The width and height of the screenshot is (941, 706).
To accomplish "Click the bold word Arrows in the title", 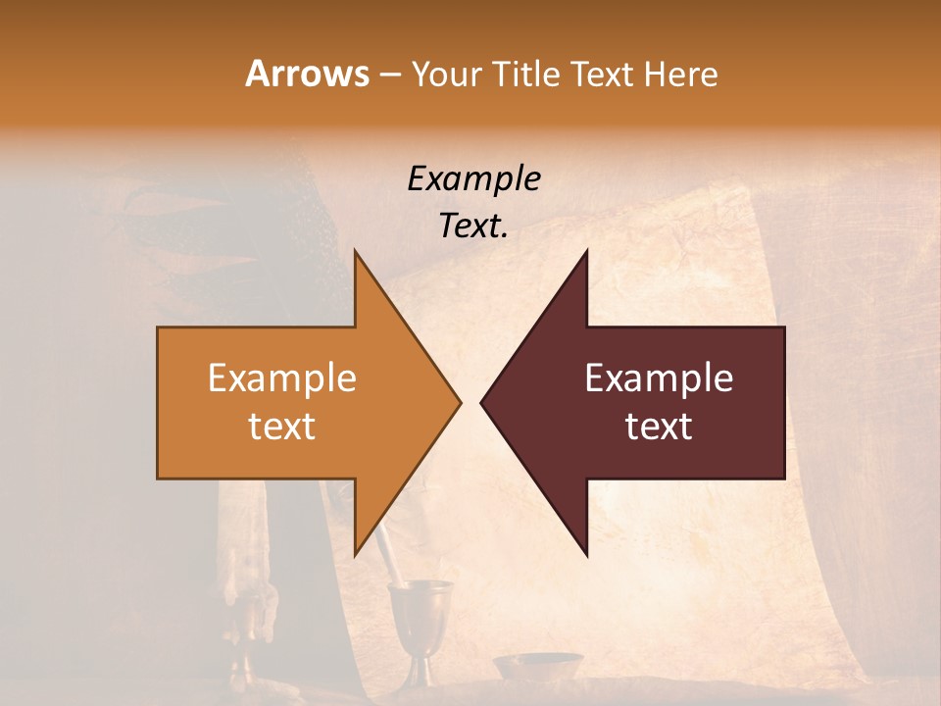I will coord(307,74).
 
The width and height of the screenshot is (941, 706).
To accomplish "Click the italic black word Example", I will coord(473,178).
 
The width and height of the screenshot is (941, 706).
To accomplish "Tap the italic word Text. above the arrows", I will coord(473,226).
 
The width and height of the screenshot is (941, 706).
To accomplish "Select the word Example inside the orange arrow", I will coord(282,378).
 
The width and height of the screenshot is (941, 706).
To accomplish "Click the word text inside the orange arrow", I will coord(282,426).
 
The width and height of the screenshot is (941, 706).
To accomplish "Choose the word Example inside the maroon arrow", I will coord(659,378).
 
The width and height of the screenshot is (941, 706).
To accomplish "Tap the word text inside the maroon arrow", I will coord(659,426).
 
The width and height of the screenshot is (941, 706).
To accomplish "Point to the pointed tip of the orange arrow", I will coord(460,402).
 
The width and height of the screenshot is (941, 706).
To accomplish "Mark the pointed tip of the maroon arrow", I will coord(481,402).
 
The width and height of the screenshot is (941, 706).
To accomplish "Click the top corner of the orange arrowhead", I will coord(356,251).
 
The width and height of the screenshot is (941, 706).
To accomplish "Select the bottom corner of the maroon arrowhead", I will coord(586,555).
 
